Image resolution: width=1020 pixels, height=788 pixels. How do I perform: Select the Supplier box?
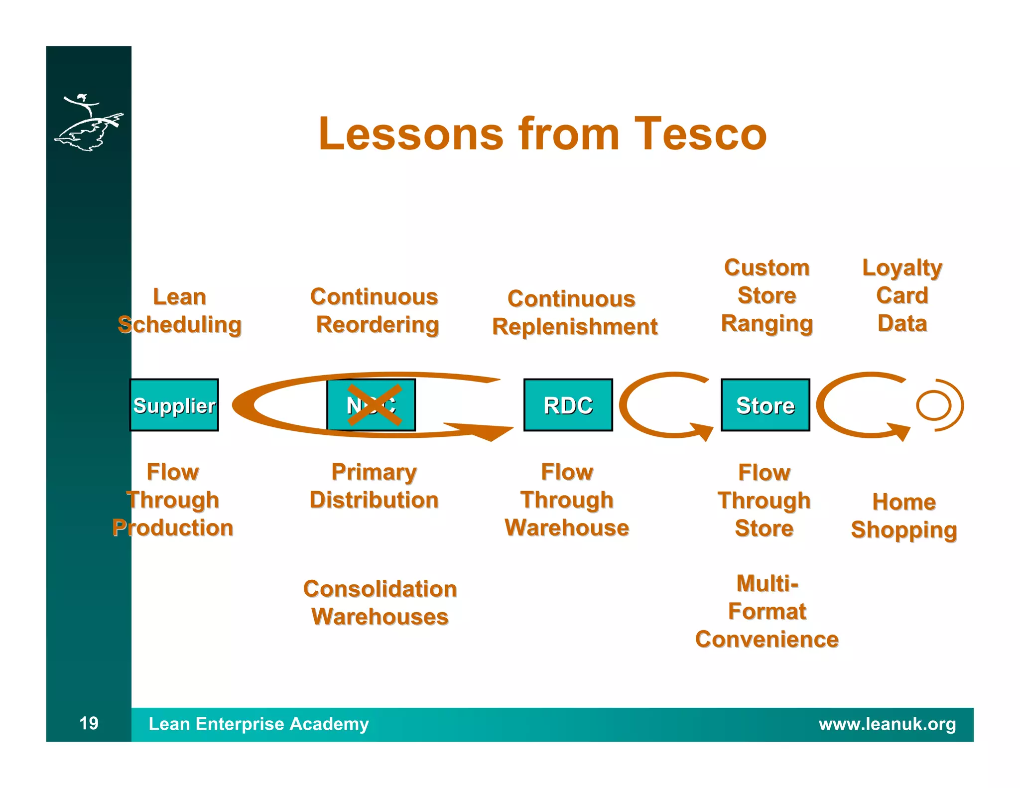(174, 405)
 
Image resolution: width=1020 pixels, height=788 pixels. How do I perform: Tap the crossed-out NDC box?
(372, 405)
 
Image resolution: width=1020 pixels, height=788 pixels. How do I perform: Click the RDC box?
(568, 405)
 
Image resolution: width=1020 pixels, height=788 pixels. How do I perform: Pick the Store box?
(765, 405)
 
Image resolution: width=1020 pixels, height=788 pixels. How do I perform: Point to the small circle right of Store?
(933, 405)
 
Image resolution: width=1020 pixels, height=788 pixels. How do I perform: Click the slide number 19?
(89, 723)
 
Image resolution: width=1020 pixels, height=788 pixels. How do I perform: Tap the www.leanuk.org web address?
(887, 724)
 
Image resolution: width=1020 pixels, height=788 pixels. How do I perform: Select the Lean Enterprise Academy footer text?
(258, 724)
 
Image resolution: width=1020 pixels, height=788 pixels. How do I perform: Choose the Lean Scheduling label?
(180, 310)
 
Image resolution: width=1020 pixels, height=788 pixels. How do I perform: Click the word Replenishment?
(575, 327)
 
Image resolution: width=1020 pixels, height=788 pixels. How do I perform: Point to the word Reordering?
(378, 325)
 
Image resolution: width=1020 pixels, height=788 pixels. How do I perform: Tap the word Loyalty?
(902, 268)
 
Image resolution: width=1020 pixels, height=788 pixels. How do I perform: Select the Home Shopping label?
(904, 516)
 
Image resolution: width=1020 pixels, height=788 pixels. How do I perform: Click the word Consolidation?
(380, 589)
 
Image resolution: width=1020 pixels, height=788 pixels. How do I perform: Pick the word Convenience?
(767, 639)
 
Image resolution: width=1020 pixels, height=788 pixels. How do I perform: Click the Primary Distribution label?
(374, 486)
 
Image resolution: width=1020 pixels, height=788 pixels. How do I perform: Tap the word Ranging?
(767, 324)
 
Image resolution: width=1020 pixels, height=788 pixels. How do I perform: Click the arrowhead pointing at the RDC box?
(493, 432)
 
